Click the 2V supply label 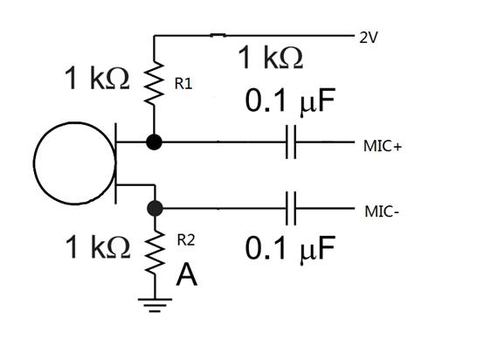point(369,38)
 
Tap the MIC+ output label point(383,146)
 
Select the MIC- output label point(382,211)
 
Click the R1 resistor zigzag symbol point(154,83)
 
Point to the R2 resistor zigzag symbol point(155,253)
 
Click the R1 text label point(183,84)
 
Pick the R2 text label point(186,240)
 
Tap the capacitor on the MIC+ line point(291,142)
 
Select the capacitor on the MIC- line point(291,209)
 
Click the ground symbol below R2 point(155,305)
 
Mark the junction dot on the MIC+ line point(154,142)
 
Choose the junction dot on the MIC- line point(155,208)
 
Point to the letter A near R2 point(187,274)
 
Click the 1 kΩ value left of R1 point(97,78)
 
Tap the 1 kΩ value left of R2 point(98,246)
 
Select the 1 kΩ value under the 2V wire point(271,57)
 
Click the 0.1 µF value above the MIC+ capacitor point(290,101)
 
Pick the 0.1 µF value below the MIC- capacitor point(290,249)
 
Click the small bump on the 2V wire point(218,35)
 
